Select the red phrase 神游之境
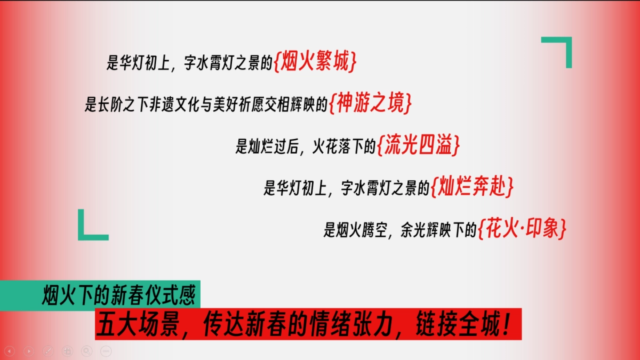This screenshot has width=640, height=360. coord(371,104)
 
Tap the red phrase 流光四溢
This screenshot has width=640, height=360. coord(418,146)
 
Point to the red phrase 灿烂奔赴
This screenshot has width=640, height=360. coord(473,187)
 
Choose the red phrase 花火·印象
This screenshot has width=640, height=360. coord(522,229)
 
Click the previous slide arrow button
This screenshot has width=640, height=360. coord(10,351)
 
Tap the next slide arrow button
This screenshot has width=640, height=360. coord(29,351)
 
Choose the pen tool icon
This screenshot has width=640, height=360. coord(48,351)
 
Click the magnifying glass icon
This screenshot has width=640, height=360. coord(86,351)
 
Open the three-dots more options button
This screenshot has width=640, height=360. coord(106,351)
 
